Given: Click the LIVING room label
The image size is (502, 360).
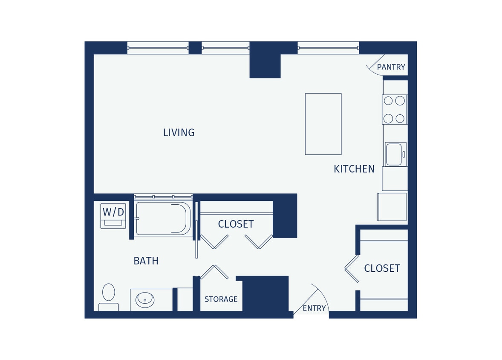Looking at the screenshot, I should coord(179,133).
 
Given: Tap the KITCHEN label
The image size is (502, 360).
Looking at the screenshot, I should coord(354,169).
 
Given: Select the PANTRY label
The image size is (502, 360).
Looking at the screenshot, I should coord(391,67).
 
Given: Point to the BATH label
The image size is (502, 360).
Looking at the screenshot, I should coord(146,261).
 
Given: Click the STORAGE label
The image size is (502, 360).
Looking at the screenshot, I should coord(221,299).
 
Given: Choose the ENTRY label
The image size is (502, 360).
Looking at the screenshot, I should coord(314,308).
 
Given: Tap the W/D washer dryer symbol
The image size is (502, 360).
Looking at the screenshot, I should coord(113,215).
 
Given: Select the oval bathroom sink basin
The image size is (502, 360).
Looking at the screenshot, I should coord(145,300).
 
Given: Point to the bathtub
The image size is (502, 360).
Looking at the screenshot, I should coord(163,218).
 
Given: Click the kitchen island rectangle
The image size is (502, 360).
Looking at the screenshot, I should coord(323,124).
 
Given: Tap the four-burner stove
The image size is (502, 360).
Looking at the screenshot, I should coord(394,110).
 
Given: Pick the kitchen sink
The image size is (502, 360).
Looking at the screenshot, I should coord(395,154).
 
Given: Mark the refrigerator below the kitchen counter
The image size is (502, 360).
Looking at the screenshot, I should coord(392,207).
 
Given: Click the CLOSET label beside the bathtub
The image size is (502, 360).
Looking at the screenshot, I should coord(236,224).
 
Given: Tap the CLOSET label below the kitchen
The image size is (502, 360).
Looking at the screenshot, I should coord(382,269).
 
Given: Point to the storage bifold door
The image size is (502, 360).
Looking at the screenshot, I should coord(214,272).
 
